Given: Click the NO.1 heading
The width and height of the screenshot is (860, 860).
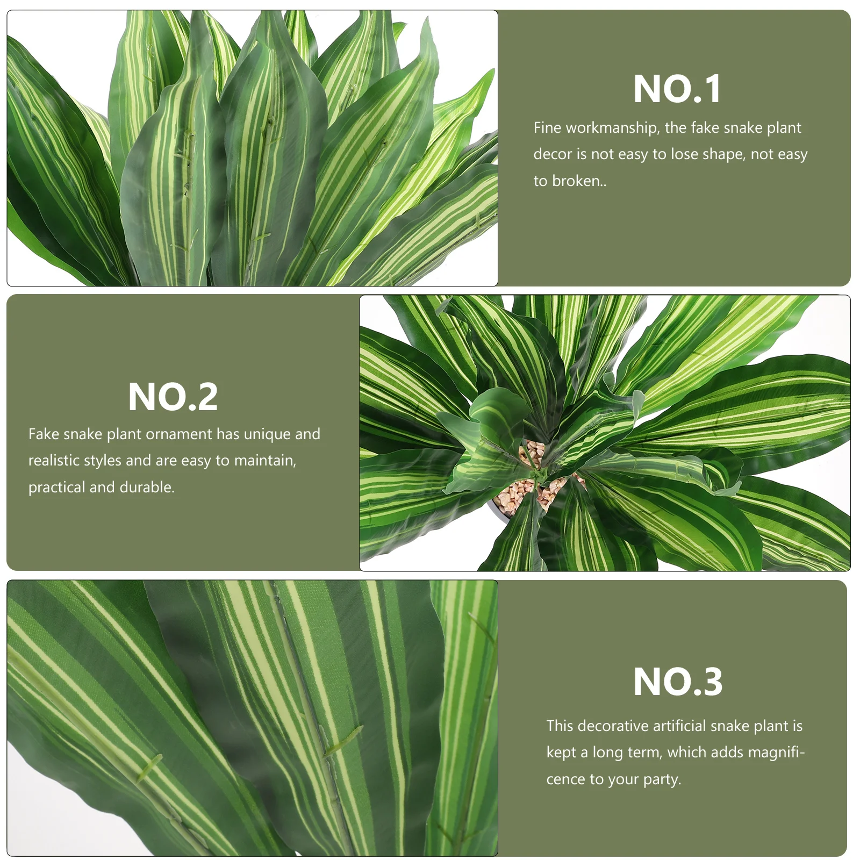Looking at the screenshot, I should pyautogui.click(x=677, y=89).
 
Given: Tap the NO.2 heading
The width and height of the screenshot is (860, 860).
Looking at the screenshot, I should pyautogui.click(x=173, y=397).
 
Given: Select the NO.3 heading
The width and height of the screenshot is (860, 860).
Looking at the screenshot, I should pyautogui.click(x=677, y=682).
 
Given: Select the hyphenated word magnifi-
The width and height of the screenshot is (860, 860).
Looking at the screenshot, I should pyautogui.click(x=776, y=752).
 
